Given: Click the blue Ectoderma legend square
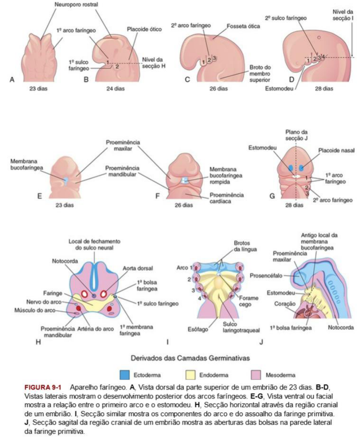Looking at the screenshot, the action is pyautogui.click(x=124, y=375).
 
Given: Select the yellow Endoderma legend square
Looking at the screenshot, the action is pyautogui.click(x=190, y=375).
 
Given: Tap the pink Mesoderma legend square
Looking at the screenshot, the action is pyautogui.click(x=256, y=375).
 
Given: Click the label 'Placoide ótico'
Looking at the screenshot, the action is pyautogui.click(x=144, y=29).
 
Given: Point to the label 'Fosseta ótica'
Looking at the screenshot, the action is pyautogui.click(x=243, y=26).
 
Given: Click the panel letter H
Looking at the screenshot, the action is pyautogui.click(x=38, y=342).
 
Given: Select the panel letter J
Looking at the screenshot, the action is pyautogui.click(x=261, y=342).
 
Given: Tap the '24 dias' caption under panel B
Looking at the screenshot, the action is pyautogui.click(x=115, y=89).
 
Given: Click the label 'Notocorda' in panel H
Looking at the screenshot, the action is pyautogui.click(x=65, y=261).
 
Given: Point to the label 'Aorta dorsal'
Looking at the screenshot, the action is pyautogui.click(x=137, y=268).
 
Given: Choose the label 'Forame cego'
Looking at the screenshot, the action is pyautogui.click(x=248, y=301).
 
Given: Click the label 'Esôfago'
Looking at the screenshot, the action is pyautogui.click(x=198, y=329).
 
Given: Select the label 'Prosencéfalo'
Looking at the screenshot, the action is pyautogui.click(x=266, y=276).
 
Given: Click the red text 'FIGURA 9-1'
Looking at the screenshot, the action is pyautogui.click(x=43, y=387).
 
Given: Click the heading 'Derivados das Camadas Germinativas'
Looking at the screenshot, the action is pyautogui.click(x=190, y=358).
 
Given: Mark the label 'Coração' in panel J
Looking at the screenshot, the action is pyautogui.click(x=285, y=304).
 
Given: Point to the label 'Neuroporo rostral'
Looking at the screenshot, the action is pyautogui.click(x=77, y=5).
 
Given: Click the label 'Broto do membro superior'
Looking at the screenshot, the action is pyautogui.click(x=260, y=74).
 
